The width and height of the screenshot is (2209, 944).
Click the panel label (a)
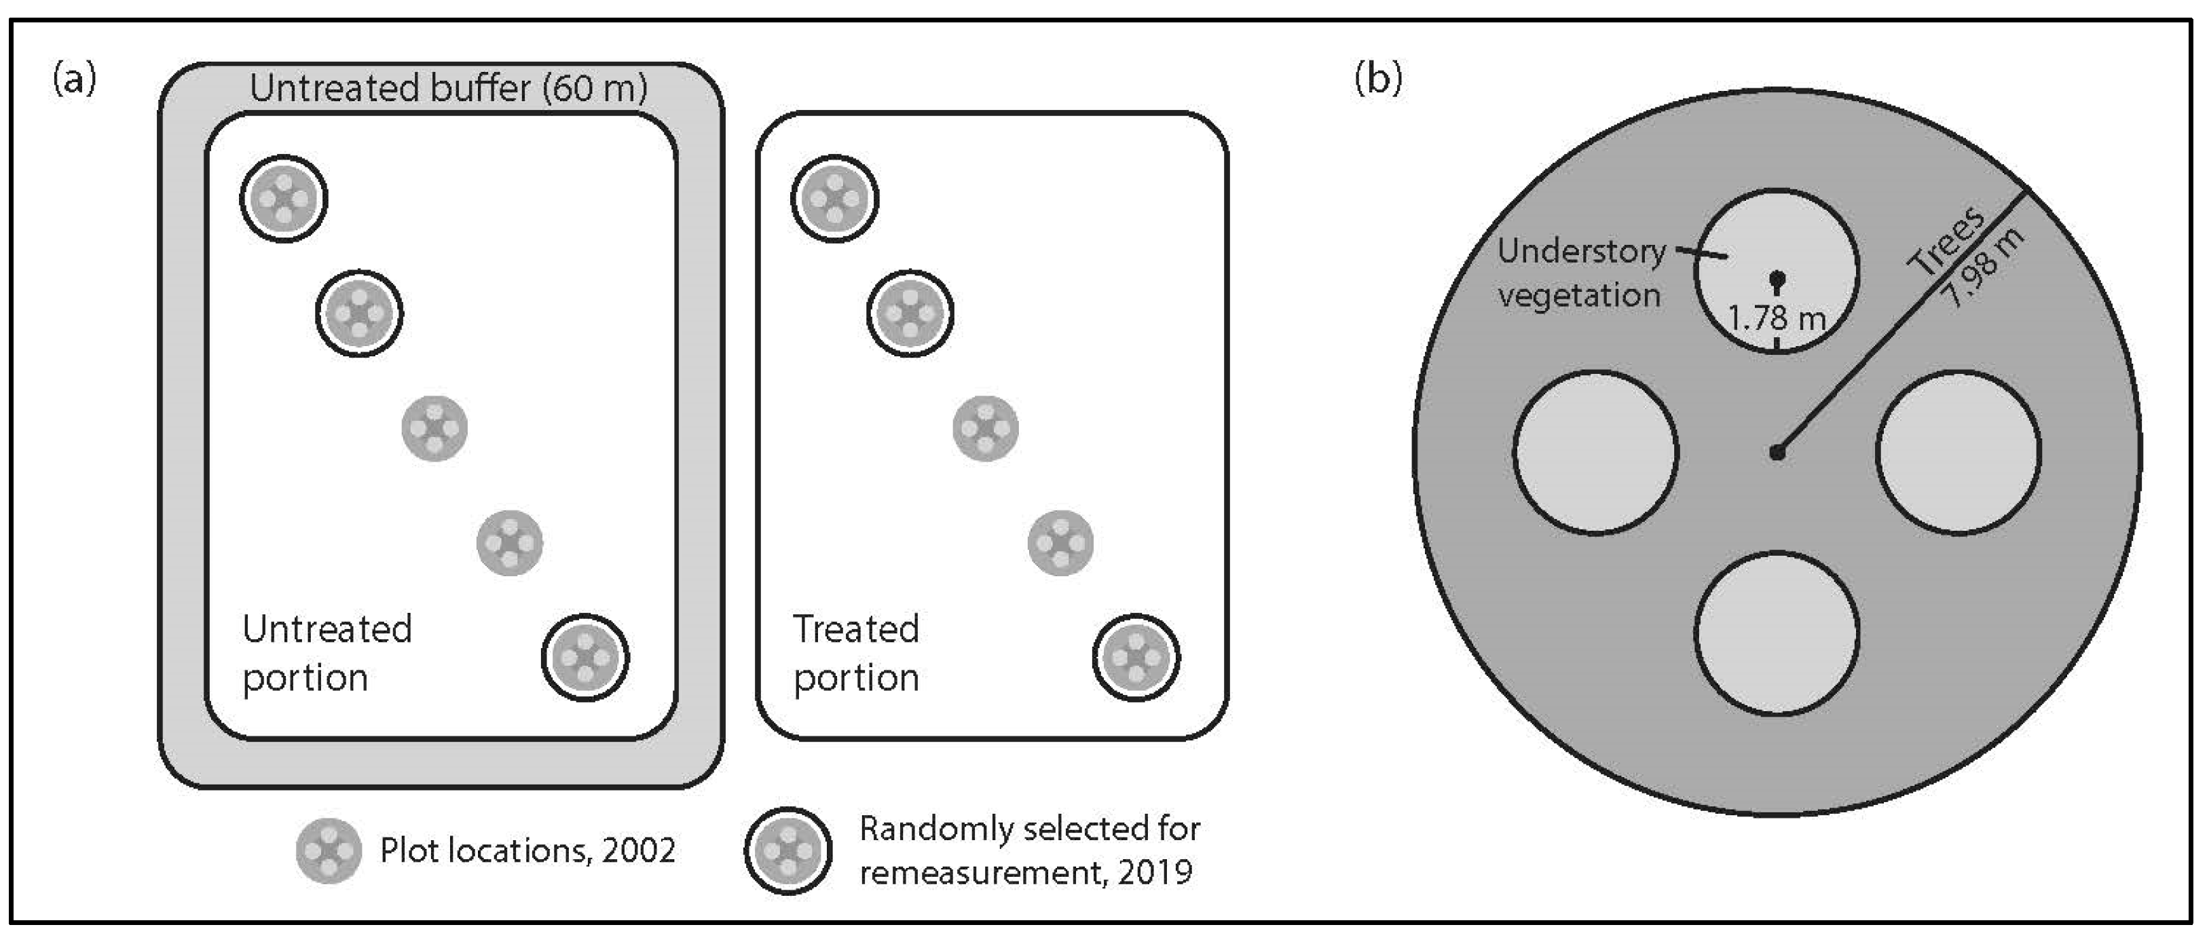coord(75,79)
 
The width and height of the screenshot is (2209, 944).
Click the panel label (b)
coord(1378,79)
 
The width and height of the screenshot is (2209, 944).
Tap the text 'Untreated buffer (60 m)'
coord(447,88)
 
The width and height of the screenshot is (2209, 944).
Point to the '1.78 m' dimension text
coord(1776,319)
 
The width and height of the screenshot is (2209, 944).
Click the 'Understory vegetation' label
coord(1580,273)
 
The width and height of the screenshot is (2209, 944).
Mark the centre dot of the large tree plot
coord(1777,452)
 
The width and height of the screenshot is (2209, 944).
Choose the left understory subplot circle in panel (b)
coord(1595,453)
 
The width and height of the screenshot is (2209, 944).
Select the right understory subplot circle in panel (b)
coord(1959,453)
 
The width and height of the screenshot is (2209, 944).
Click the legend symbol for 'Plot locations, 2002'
coord(329,850)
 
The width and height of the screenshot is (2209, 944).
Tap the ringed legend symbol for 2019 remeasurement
coord(787,850)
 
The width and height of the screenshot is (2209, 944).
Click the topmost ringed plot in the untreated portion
coord(284,199)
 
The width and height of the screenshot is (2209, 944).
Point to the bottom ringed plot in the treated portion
coord(1135,658)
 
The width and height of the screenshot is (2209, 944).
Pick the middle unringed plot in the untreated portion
coord(434,428)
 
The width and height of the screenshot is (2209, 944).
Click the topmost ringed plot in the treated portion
coord(834,199)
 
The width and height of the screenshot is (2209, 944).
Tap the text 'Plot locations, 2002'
coord(528,850)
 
